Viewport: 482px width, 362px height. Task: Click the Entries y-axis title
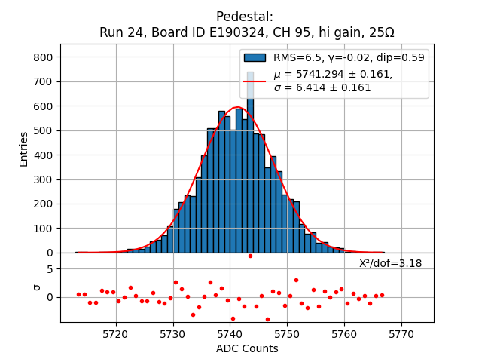[x=24, y=149]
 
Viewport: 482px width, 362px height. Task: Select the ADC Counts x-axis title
[x=247, y=348]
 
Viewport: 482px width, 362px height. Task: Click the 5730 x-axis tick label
[x=173, y=333]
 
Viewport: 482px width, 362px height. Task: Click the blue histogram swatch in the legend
[x=255, y=57]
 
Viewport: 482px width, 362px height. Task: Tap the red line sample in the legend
[x=255, y=81]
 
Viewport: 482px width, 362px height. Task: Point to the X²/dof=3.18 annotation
[x=390, y=263]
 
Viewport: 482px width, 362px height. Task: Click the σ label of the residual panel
[x=37, y=287]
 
